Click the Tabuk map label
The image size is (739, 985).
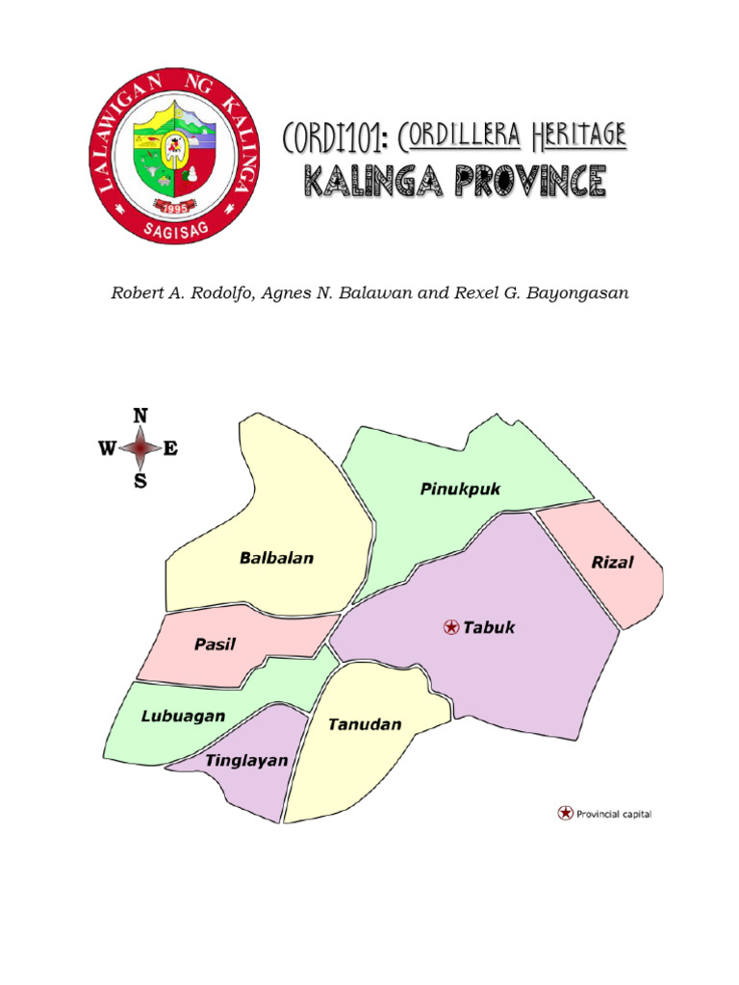click(x=490, y=627)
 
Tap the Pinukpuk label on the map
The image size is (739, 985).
click(x=460, y=490)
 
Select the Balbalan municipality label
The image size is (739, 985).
click(x=276, y=558)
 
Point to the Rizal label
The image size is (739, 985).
click(x=612, y=563)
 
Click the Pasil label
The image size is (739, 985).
click(x=215, y=644)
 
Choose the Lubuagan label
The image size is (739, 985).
click(x=183, y=716)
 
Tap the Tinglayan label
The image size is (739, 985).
click(x=245, y=760)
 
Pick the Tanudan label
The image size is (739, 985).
click(x=365, y=724)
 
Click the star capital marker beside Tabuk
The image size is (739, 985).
click(x=450, y=627)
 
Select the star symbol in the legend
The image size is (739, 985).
click(x=565, y=813)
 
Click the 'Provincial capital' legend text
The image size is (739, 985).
click(x=614, y=814)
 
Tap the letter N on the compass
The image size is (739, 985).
click(x=140, y=416)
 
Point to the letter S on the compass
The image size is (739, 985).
click(x=140, y=482)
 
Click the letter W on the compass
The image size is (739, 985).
click(x=107, y=448)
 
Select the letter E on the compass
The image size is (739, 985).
click(x=170, y=448)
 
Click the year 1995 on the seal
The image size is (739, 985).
click(x=174, y=206)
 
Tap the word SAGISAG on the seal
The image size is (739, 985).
click(x=174, y=229)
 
